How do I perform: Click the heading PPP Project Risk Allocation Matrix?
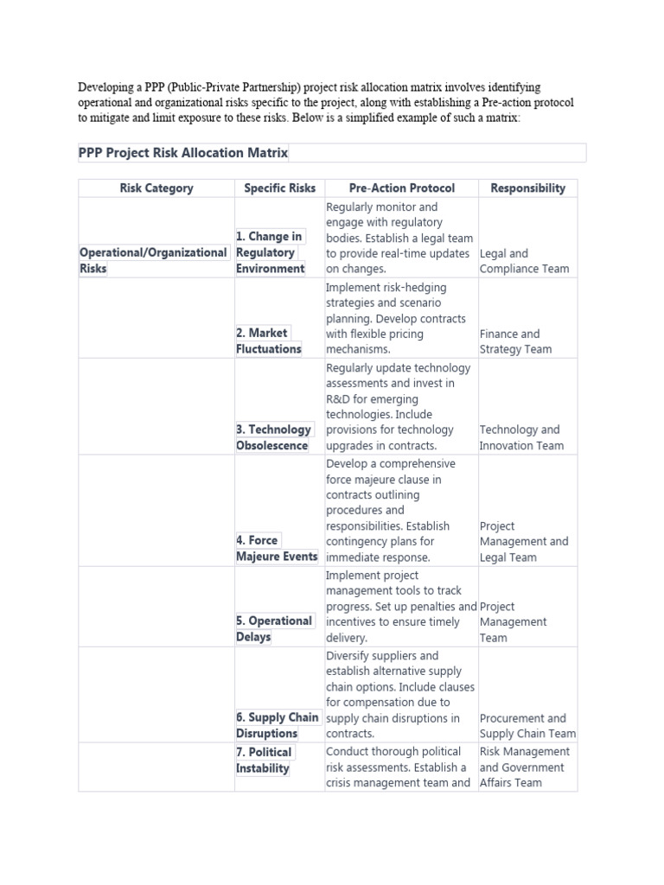[x=183, y=153]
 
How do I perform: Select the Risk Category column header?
[x=156, y=188]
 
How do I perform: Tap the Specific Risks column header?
[x=279, y=188]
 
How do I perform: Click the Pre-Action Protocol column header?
[x=401, y=188]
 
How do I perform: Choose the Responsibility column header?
[x=527, y=188]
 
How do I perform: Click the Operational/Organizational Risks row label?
[x=153, y=260]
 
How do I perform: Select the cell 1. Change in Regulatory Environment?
[x=270, y=252]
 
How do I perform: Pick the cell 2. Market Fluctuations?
[x=268, y=341]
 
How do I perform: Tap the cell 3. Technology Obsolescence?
[x=273, y=437]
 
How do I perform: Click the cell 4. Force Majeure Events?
[x=276, y=548]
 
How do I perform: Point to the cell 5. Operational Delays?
[x=273, y=628]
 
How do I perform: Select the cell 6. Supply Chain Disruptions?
[x=277, y=725]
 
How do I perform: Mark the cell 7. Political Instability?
[x=264, y=760]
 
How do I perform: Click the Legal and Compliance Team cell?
[x=524, y=261]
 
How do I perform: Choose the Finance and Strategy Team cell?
[x=515, y=341]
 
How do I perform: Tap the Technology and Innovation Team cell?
[x=522, y=437]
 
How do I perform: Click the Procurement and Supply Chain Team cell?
[x=527, y=726]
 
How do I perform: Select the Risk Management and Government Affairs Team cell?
[x=525, y=767]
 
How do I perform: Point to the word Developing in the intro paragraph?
[x=108, y=87]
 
